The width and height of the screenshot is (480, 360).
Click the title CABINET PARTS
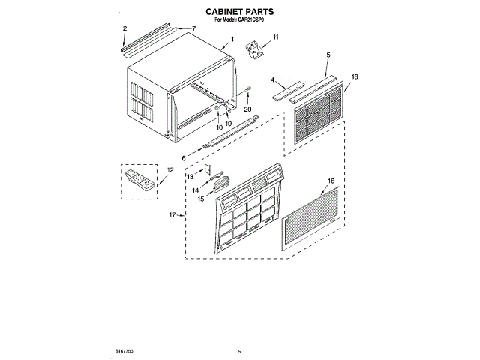click(239, 13)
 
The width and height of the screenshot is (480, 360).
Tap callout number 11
click(275, 37)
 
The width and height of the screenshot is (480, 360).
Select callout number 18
click(355, 76)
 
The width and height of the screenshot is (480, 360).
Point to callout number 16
click(331, 181)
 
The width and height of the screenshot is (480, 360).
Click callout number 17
click(172, 215)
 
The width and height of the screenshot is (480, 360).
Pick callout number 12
click(169, 171)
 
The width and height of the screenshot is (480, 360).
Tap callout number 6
click(183, 158)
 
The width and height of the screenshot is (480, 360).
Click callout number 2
click(124, 28)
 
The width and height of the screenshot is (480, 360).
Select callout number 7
click(193, 28)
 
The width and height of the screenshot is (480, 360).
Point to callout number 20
click(248, 106)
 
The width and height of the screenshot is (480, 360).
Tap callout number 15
click(201, 199)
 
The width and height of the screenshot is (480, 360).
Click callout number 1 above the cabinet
click(233, 39)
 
